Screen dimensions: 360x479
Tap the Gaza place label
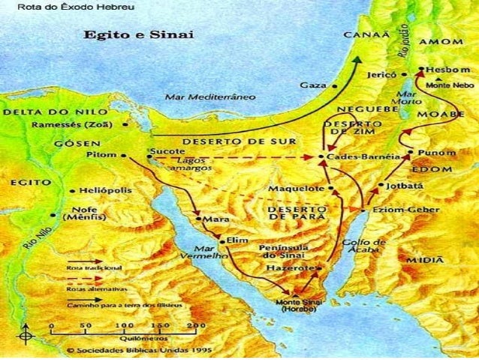point(313,85)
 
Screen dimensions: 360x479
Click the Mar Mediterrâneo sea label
point(210,97)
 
